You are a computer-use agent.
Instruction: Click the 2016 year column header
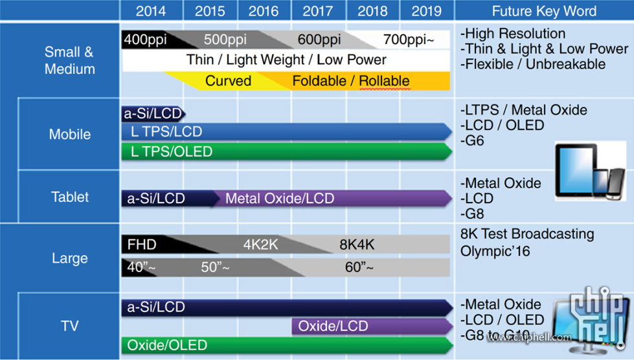[264, 11]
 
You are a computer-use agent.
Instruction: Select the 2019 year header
[426, 11]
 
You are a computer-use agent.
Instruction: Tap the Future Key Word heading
[544, 11]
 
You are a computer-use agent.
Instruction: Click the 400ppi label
[145, 39]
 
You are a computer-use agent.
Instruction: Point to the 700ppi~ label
[409, 39]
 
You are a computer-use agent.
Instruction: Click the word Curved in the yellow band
[228, 81]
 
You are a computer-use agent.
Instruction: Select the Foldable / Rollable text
[350, 81]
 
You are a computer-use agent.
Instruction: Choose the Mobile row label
[69, 135]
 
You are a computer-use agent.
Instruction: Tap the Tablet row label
[69, 197]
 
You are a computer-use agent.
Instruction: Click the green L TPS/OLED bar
[285, 152]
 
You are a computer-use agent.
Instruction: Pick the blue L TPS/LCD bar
[285, 132]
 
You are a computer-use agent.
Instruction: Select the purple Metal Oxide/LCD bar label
[280, 198]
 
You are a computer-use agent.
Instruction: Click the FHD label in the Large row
[141, 245]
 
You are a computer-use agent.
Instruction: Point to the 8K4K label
[357, 245]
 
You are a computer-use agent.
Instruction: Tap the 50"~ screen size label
[215, 267]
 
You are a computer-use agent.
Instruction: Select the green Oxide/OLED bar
[285, 345]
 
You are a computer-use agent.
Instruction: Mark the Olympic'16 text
[495, 250]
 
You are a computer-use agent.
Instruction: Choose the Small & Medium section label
[69, 60]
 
